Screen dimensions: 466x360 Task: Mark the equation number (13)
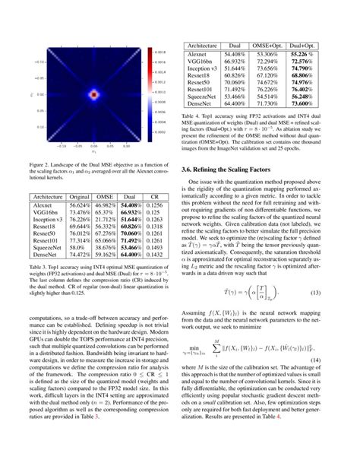click(x=334, y=295)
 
